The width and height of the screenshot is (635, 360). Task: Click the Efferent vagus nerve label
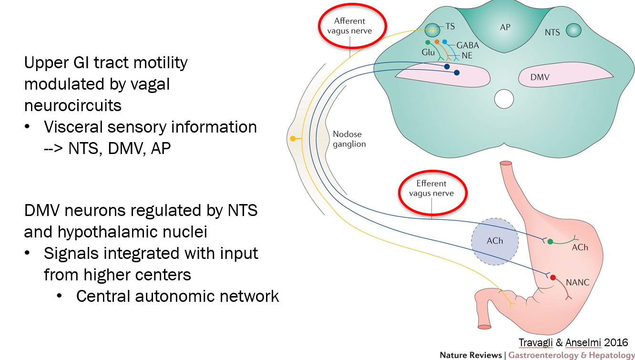pyautogui.click(x=431, y=188)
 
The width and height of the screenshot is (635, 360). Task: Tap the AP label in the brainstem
pyautogui.click(x=505, y=27)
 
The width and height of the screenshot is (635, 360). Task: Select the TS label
pyautogui.click(x=450, y=27)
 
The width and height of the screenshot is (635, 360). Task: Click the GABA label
pyautogui.click(x=467, y=46)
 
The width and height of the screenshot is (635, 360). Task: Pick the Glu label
pyautogui.click(x=428, y=52)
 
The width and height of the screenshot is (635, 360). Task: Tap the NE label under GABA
pyautogui.click(x=468, y=56)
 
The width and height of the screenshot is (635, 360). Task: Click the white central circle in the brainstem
pyautogui.click(x=504, y=99)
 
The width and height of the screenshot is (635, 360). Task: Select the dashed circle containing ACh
pyautogui.click(x=494, y=241)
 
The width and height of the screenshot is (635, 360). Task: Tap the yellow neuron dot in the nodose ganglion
pyautogui.click(x=293, y=139)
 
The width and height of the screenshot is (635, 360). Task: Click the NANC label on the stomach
pyautogui.click(x=578, y=282)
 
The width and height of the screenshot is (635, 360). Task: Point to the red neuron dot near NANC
pyautogui.click(x=553, y=278)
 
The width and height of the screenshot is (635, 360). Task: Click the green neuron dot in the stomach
pyautogui.click(x=550, y=242)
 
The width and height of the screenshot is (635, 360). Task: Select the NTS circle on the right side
pyautogui.click(x=574, y=31)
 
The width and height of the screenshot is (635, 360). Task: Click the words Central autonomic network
pyautogui.click(x=177, y=296)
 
